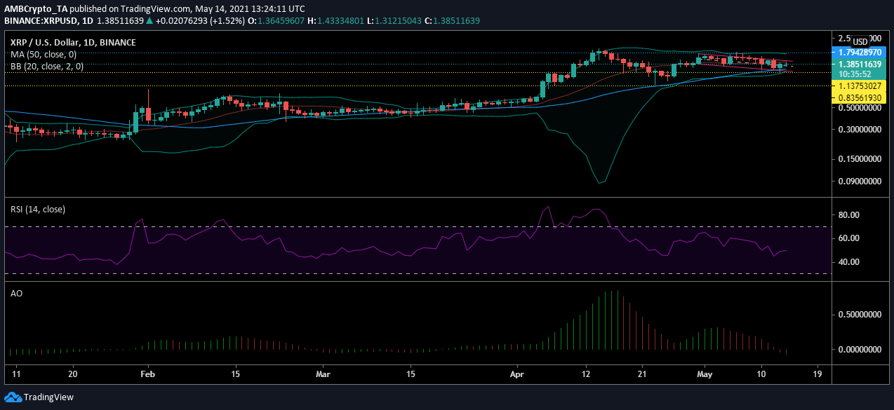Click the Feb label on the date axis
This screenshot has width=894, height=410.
coord(147,374)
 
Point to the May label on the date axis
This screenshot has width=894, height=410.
coord(705,374)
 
